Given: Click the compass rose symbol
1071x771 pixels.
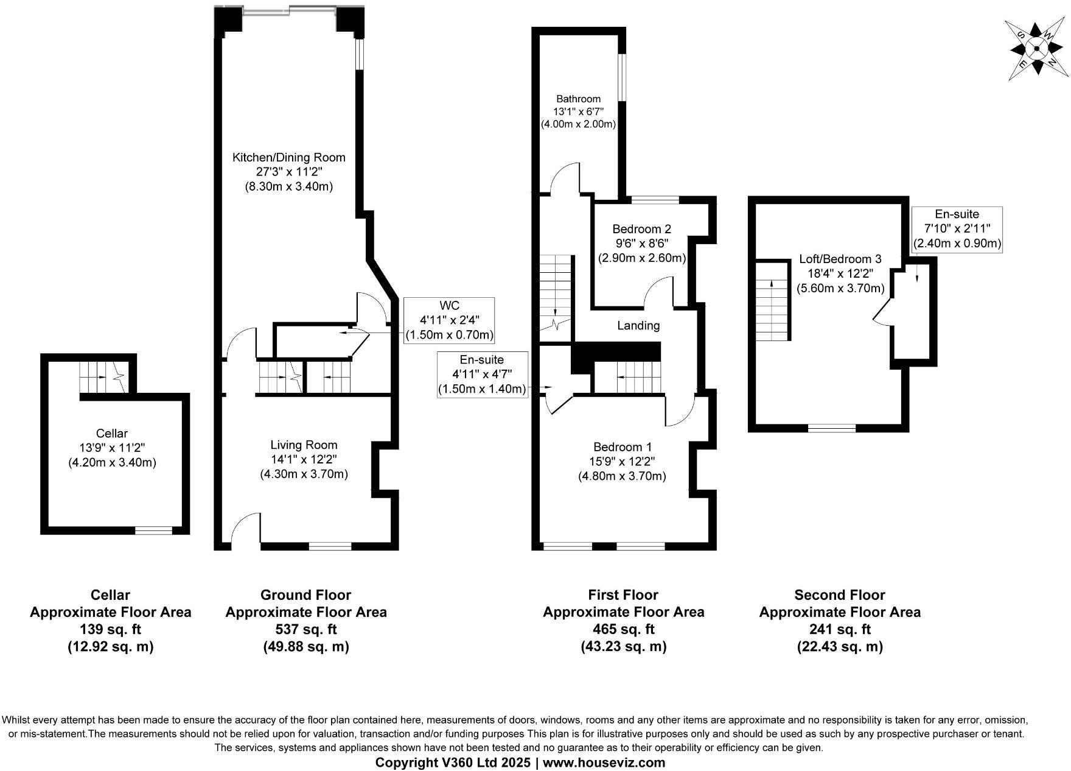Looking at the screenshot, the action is [x=1036, y=49].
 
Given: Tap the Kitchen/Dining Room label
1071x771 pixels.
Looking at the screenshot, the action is [x=288, y=157].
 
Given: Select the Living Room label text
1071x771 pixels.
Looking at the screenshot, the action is [x=304, y=445].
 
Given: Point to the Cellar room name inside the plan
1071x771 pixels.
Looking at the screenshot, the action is [x=112, y=434].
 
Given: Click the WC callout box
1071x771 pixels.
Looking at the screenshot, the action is [x=449, y=320].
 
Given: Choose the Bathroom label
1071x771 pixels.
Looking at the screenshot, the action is [x=578, y=99].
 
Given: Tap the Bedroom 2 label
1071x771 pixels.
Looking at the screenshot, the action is [x=641, y=229].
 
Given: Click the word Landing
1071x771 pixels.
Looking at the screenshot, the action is [x=638, y=325].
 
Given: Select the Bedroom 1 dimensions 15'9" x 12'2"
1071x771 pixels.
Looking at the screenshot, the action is [x=622, y=462].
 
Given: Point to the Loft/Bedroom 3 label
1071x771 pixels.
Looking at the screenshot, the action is [x=840, y=259].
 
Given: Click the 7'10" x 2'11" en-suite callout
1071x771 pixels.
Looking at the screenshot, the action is [x=957, y=228].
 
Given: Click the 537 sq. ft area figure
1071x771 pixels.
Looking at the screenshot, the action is [x=305, y=629].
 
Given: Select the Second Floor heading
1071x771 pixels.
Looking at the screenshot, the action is [x=839, y=595].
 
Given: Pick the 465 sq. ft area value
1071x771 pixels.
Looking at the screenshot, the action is [x=623, y=629].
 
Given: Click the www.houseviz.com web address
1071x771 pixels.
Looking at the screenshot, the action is [x=604, y=762].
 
